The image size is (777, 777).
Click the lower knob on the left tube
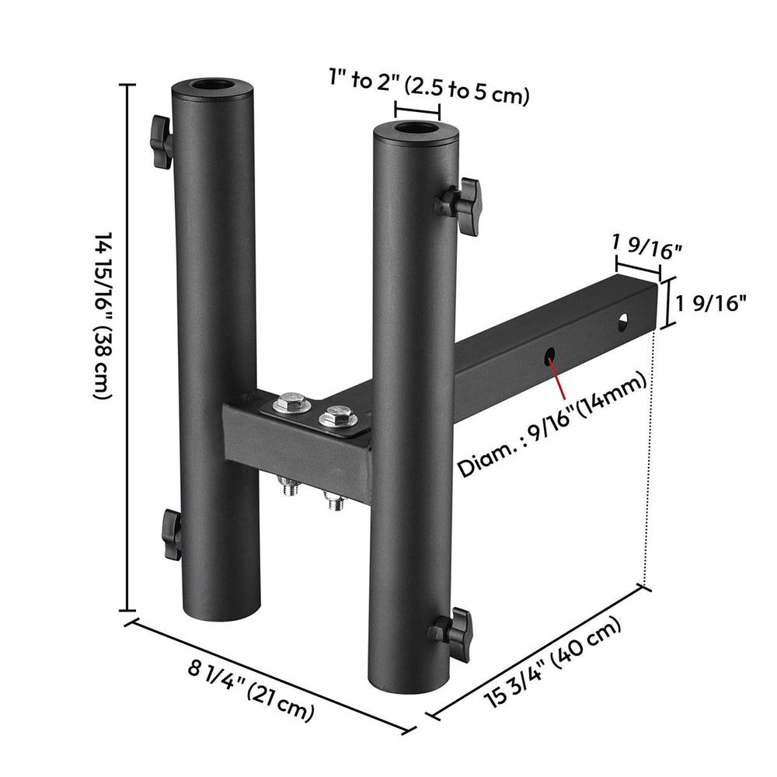[x=170, y=535]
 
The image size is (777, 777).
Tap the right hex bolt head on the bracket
[x=337, y=415]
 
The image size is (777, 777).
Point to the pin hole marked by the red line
[x=550, y=355]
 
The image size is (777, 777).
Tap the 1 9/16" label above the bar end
[x=646, y=248]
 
